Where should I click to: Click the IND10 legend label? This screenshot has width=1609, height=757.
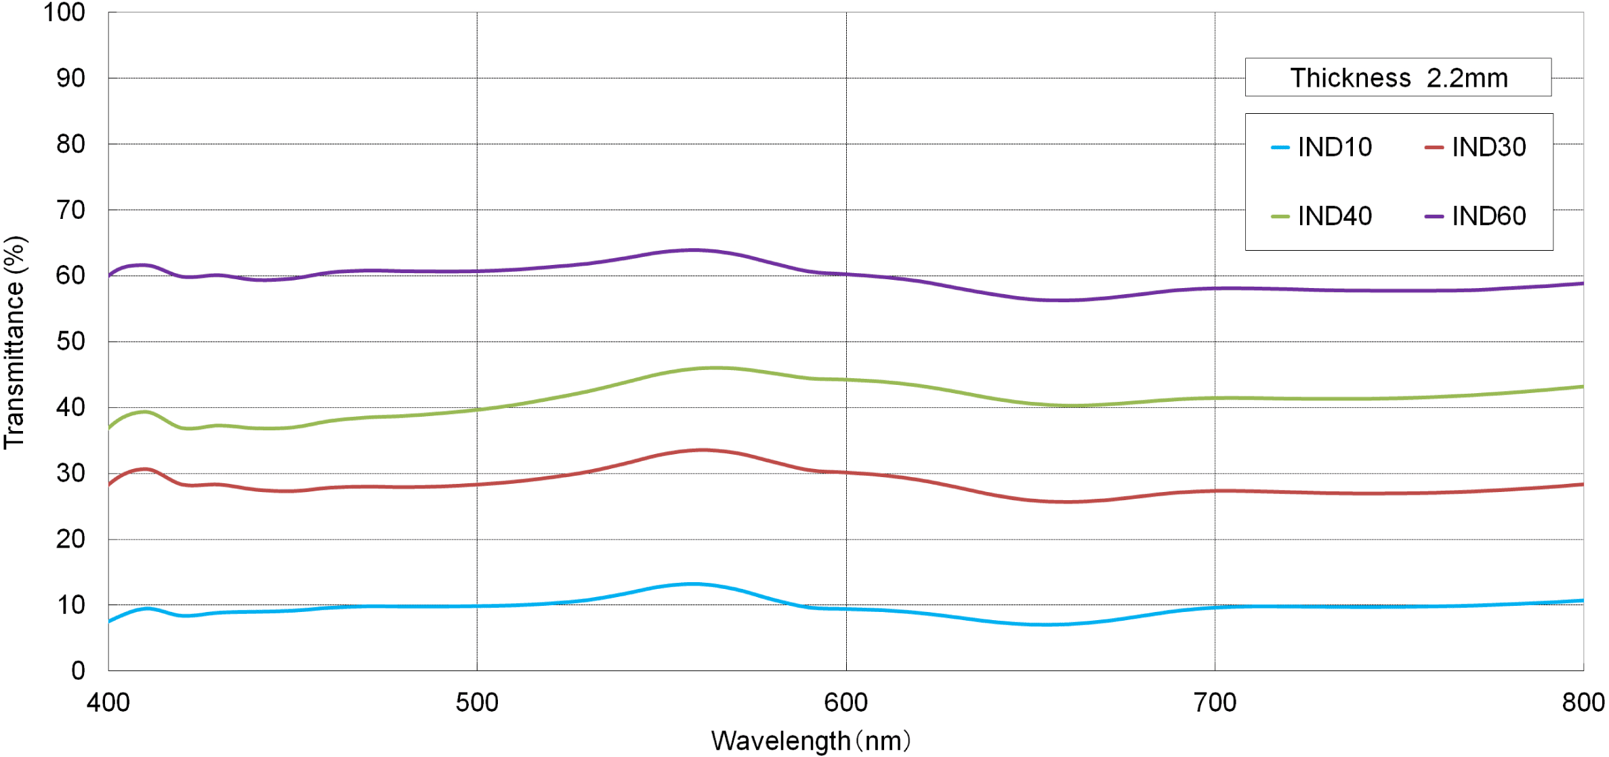pos(1334,147)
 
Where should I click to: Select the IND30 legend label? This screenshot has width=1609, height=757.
pos(1488,147)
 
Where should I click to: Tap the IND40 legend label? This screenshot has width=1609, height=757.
pos(1334,216)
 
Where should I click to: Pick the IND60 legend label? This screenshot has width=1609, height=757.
pos(1488,216)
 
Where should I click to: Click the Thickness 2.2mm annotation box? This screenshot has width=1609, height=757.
pos(1398,78)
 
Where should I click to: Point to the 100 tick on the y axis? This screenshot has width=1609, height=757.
pos(64,12)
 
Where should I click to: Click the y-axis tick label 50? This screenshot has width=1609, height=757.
pos(70,342)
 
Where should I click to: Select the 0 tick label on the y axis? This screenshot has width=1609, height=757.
pos(78,671)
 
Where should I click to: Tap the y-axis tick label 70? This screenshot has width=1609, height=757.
pos(70,210)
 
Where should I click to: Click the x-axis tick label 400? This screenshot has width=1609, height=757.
pos(108,703)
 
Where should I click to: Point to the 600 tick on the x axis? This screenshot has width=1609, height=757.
pos(845,703)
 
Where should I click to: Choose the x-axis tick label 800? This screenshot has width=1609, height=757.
pos(1583,703)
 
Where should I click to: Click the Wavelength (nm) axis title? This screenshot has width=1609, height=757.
pos(810,741)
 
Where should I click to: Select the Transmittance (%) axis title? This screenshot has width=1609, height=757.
pos(15,342)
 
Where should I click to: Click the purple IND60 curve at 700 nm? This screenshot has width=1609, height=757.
pos(1215,289)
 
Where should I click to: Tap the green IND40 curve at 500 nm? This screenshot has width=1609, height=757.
pos(477,410)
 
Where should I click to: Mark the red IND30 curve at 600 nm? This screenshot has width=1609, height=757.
pos(845,472)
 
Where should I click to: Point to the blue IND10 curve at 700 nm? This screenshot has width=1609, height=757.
pos(1215,608)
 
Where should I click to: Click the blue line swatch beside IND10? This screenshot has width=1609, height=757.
pos(1280,148)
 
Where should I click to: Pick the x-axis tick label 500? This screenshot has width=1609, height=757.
pos(477,703)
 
